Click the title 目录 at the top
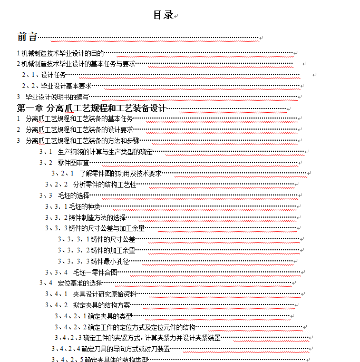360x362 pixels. click(163, 15)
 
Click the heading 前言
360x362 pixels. click(27, 37)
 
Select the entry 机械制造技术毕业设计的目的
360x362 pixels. click(63, 53)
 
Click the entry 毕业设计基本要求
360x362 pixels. click(67, 86)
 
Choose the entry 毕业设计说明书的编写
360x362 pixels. click(57, 97)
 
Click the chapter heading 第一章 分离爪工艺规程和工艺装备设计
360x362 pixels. click(92, 109)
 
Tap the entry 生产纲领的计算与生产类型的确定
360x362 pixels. click(105, 152)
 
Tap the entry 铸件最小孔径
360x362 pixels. click(110, 261)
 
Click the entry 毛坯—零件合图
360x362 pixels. click(95, 272)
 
